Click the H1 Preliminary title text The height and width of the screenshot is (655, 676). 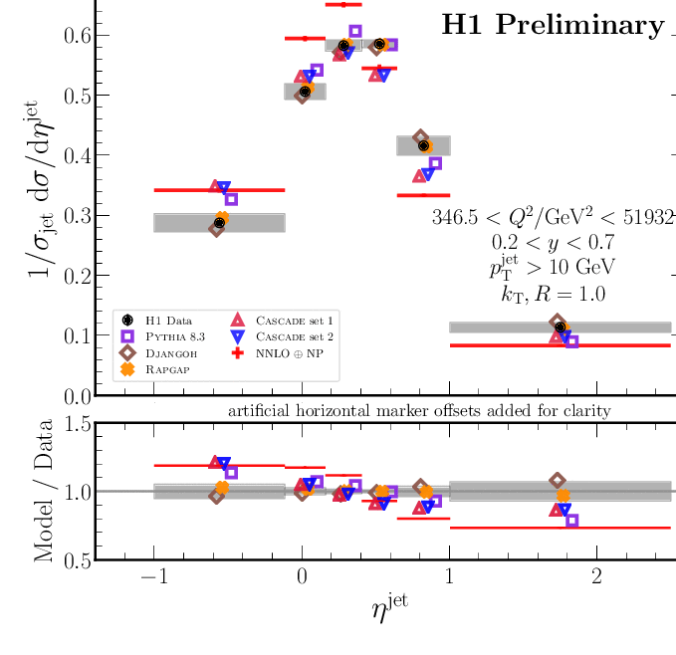coord(552,24)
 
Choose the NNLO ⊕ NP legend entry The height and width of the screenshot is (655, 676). coord(283,352)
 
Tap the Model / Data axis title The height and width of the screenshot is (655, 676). coord(44,492)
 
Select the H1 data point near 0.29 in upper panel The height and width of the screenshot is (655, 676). coord(219,223)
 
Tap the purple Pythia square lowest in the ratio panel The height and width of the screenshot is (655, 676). coord(571,521)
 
